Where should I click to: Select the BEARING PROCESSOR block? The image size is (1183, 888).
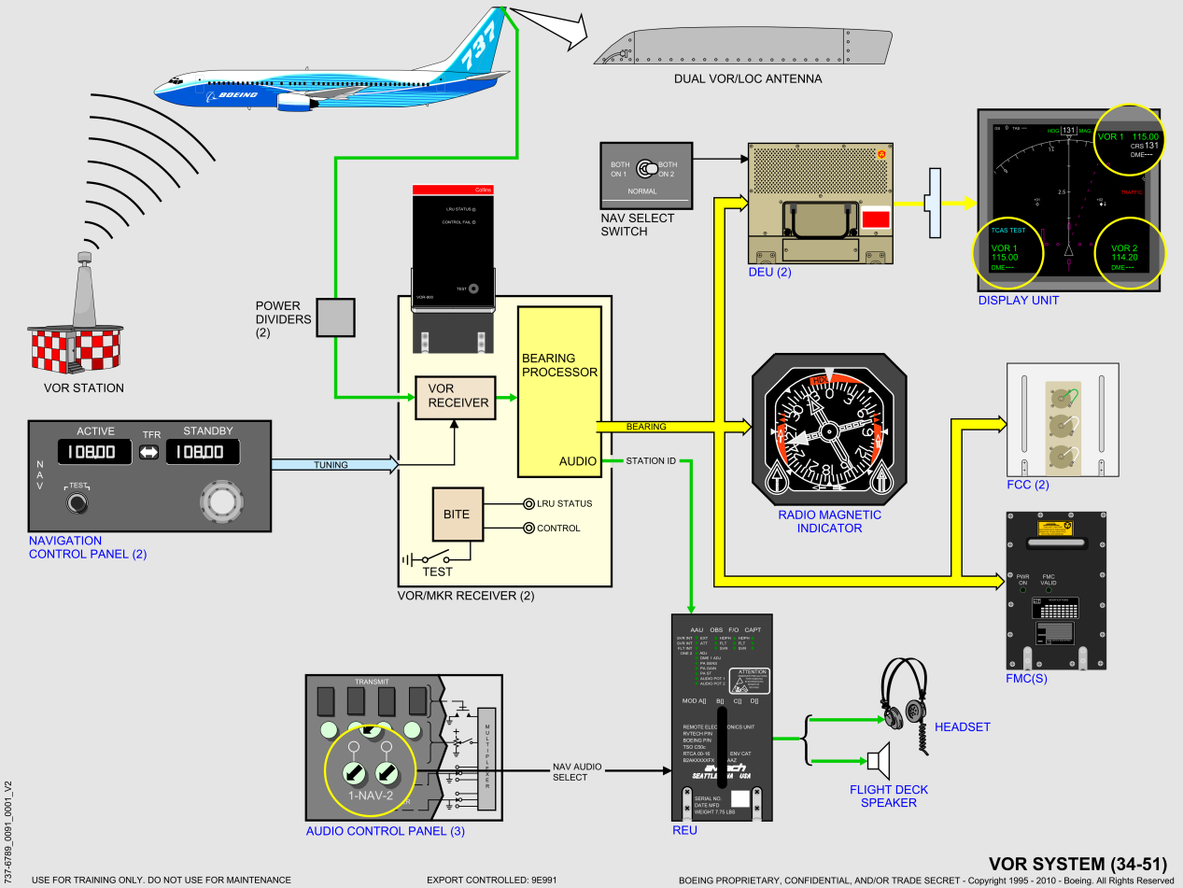[x=559, y=390]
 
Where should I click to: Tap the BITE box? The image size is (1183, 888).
[x=457, y=514]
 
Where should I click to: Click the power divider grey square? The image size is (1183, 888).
[x=336, y=317]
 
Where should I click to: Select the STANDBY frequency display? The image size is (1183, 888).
[x=202, y=452]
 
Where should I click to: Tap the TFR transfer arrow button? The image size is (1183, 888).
[x=149, y=452]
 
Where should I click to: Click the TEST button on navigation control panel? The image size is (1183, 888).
[x=79, y=504]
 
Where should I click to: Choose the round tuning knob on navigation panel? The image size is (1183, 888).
[x=220, y=502]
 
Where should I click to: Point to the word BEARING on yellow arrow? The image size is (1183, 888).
[x=646, y=427]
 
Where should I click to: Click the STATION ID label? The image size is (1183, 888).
[x=651, y=460]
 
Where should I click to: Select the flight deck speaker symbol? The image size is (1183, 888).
[x=879, y=761]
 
